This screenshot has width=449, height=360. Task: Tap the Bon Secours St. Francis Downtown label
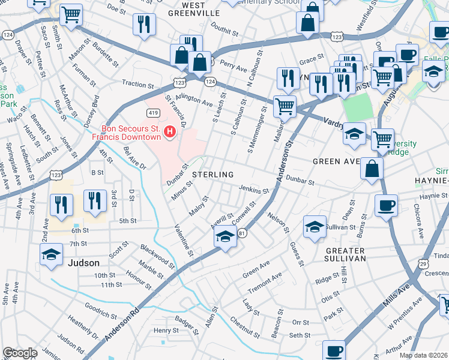tap(122, 133)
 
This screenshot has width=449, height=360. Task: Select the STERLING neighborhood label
tap(212, 175)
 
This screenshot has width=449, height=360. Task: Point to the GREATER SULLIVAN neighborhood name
tap(338, 254)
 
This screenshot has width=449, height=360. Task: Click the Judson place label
tap(84, 263)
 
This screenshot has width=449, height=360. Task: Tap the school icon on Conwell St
tap(224, 238)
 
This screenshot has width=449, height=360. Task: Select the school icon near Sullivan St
tap(315, 227)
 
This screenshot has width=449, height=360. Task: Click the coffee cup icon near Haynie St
tap(386, 206)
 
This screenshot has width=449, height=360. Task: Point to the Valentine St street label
tap(183, 240)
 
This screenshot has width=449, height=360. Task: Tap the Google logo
tap(20, 353)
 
